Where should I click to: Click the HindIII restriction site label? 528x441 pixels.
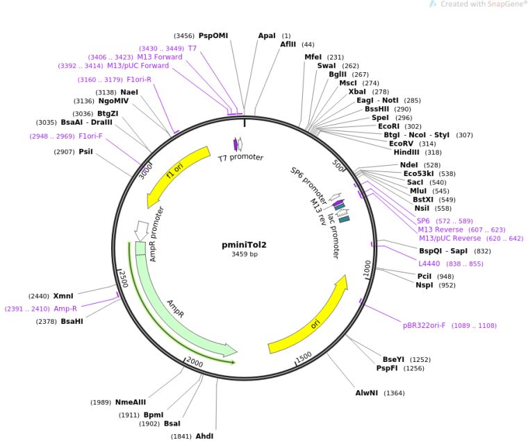[408, 153]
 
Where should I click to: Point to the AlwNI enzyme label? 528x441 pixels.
[368, 393]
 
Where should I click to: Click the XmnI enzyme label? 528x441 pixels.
[73, 295]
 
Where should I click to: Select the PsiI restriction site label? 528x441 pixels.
[85, 151]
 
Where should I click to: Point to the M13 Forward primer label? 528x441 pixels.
[160, 57]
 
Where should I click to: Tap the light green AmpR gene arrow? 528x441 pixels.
[174, 305]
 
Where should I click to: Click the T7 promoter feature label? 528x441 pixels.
[241, 158]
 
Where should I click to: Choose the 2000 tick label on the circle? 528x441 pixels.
[195, 363]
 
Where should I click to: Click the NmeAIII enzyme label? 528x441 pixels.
[131, 402]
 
